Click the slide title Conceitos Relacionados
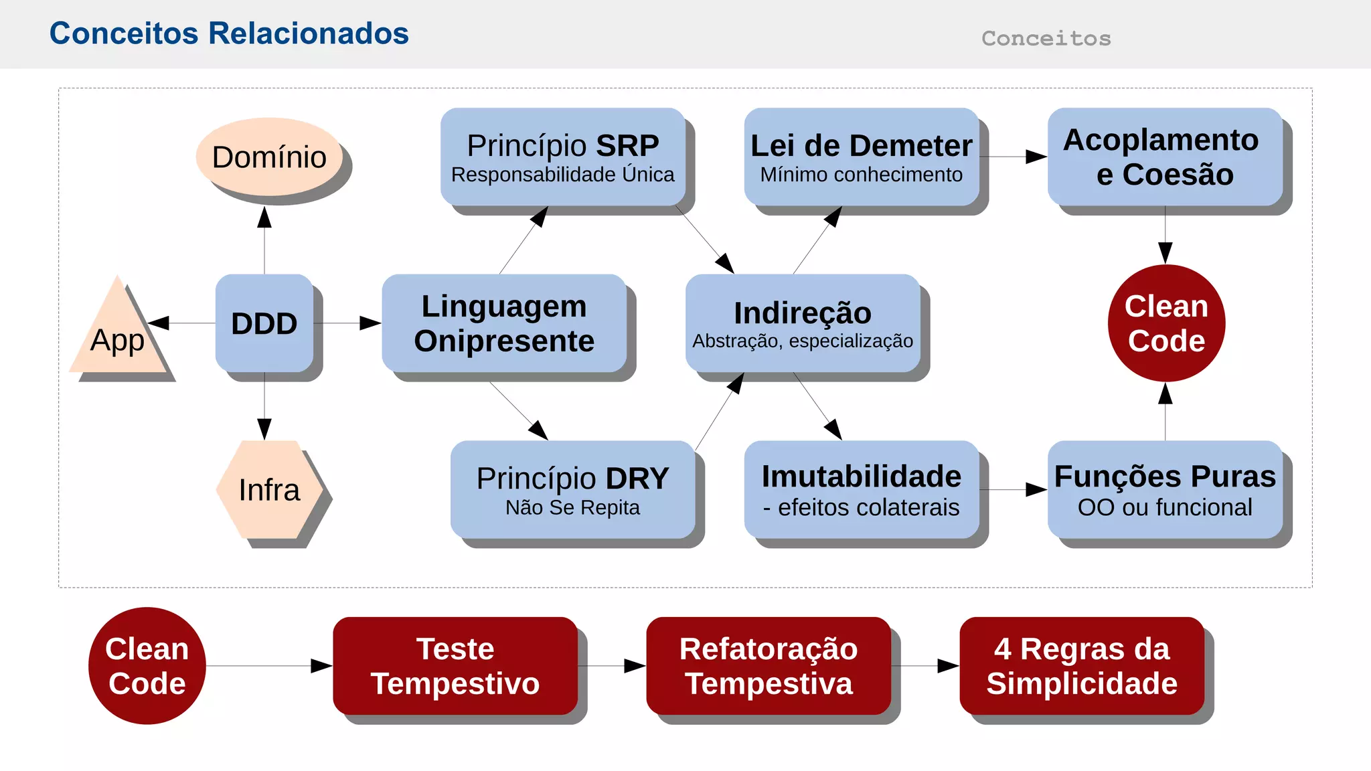click(229, 33)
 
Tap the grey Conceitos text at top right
click(1046, 38)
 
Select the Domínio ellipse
click(269, 157)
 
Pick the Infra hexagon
click(269, 490)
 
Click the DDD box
click(264, 323)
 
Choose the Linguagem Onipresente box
click(504, 323)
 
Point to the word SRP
click(627, 145)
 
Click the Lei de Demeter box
click(861, 157)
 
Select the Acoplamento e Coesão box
click(1165, 157)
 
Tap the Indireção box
click(803, 323)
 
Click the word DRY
click(637, 478)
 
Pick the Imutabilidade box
click(861, 490)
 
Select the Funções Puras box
click(1165, 490)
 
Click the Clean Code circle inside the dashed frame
click(1166, 323)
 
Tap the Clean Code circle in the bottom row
click(147, 666)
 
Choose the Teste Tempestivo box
click(455, 666)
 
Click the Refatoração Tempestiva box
click(769, 666)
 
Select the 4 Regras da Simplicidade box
click(1082, 666)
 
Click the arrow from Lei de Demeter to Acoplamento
click(1013, 157)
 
